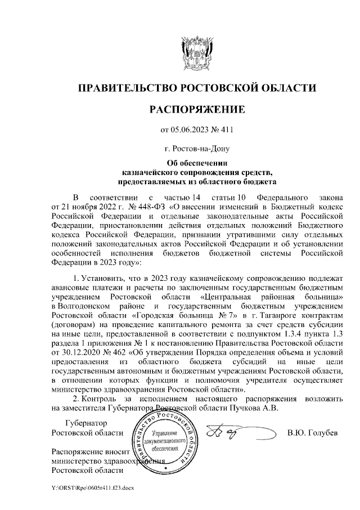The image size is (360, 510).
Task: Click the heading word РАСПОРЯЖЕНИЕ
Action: (196, 109)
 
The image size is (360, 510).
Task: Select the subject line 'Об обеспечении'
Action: (196, 164)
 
